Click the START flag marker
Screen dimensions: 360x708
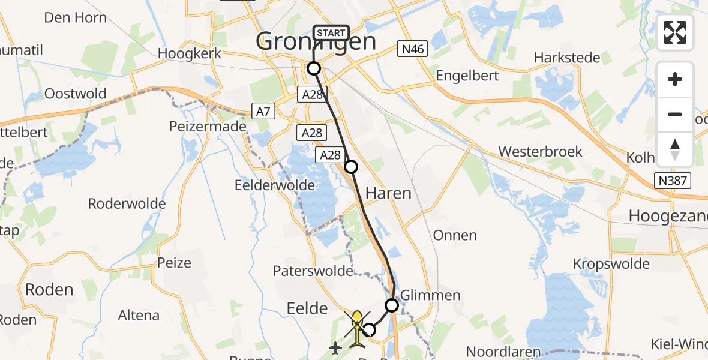click(x=330, y=33)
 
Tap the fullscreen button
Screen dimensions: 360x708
click(x=675, y=32)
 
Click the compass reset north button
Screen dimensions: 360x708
click(x=675, y=149)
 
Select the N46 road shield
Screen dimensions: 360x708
click(x=412, y=49)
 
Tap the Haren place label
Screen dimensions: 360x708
click(x=389, y=193)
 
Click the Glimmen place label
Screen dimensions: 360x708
click(x=431, y=295)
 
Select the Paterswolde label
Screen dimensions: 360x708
click(x=313, y=271)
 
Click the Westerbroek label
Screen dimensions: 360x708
click(x=541, y=151)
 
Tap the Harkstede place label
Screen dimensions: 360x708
click(x=567, y=58)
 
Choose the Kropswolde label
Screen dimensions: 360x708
click(x=611, y=264)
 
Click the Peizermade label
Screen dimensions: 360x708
click(x=208, y=127)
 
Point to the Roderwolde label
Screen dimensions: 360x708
click(x=127, y=203)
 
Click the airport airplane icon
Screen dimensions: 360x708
click(x=335, y=347)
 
